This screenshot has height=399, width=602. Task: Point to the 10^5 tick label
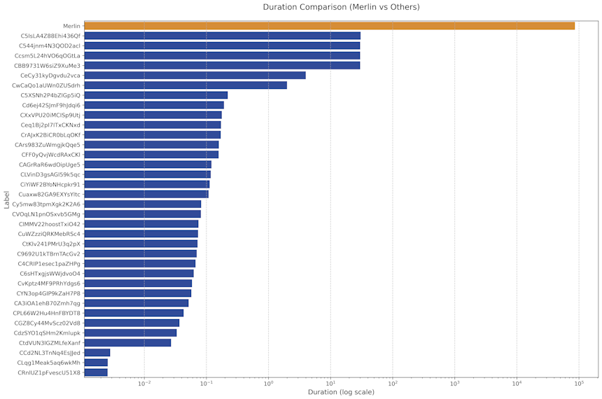579,384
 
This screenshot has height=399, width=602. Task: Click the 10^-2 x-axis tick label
144,384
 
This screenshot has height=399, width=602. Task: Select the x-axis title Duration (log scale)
341,393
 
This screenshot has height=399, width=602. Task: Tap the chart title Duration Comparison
341,7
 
